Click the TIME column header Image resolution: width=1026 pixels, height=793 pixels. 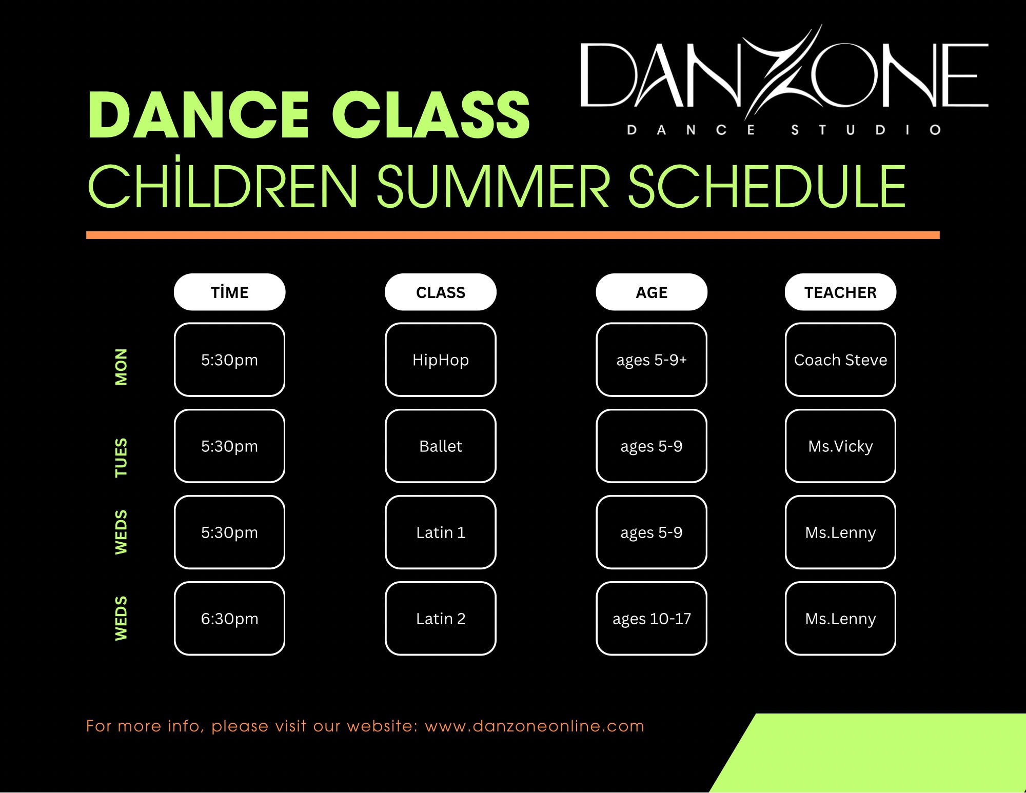(x=229, y=292)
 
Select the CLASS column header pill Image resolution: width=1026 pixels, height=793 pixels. (x=441, y=292)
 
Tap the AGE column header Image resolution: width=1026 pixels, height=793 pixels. (x=652, y=292)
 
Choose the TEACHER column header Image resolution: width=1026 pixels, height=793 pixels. (x=840, y=292)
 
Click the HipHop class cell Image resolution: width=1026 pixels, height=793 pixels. (x=441, y=360)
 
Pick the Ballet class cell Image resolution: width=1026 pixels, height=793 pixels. (x=441, y=446)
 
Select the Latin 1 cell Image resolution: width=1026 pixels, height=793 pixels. (x=441, y=532)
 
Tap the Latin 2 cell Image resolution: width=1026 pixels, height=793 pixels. (x=441, y=618)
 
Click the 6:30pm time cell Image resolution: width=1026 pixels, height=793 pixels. (x=229, y=618)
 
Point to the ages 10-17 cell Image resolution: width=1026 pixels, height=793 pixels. (x=652, y=618)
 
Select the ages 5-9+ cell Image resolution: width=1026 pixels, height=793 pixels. (x=652, y=360)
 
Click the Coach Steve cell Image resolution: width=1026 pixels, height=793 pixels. (x=840, y=360)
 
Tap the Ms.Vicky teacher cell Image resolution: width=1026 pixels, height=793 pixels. (x=840, y=446)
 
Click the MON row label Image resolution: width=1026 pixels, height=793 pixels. (x=121, y=367)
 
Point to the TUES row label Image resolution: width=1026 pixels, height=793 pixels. (x=121, y=458)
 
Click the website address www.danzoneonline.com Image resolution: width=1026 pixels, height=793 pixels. (x=535, y=726)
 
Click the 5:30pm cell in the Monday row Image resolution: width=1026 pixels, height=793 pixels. (x=229, y=360)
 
